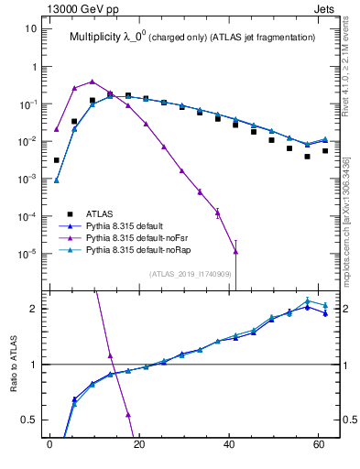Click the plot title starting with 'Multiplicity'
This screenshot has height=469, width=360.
coord(192,38)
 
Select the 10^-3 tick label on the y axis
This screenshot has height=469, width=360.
coord(27,179)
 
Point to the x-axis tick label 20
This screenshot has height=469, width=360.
coord(139,446)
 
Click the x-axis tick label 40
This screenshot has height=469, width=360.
coord(229,446)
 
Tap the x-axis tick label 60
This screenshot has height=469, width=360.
coord(319,446)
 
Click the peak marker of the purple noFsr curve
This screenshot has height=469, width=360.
coord(92,82)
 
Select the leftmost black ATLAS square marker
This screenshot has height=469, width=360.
coord(57,160)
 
